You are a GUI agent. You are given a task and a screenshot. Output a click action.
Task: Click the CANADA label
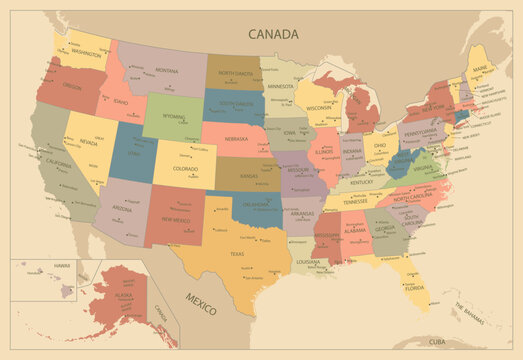pos(273,34)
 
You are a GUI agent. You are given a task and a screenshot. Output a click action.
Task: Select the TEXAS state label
pos(237,254)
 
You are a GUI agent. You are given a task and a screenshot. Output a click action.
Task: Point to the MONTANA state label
pos(166,71)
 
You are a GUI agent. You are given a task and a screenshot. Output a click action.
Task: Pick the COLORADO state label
pos(185,168)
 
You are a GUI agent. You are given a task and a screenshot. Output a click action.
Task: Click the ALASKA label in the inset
pos(124,297)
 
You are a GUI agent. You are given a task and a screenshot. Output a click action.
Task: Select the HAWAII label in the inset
pos(62,265)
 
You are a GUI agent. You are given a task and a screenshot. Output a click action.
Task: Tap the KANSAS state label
pos(250,176)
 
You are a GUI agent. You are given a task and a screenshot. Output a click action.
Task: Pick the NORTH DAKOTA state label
pos(235,73)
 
